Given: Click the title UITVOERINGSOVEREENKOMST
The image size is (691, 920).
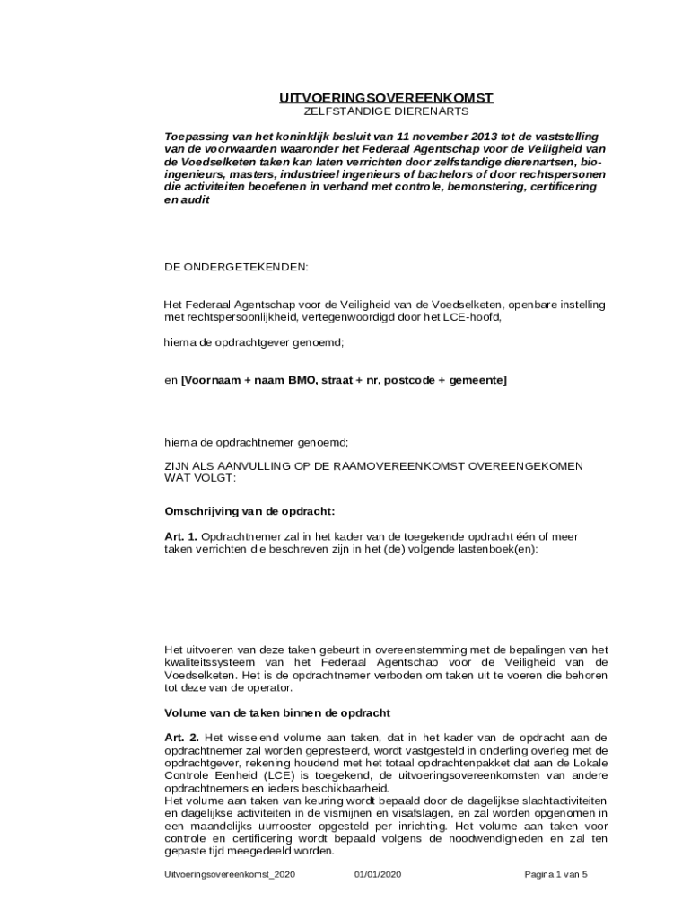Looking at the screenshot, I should pyautogui.click(x=386, y=98).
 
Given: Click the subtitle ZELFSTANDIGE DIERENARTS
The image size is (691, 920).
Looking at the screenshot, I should pyautogui.click(x=386, y=111).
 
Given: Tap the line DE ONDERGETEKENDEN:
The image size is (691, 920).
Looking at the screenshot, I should pyautogui.click(x=235, y=268).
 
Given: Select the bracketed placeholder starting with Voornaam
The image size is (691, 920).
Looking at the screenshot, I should pyautogui.click(x=344, y=381).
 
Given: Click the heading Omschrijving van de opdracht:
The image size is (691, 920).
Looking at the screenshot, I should pyautogui.click(x=249, y=511).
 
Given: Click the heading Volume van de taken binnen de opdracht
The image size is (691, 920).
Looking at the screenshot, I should pyautogui.click(x=276, y=712).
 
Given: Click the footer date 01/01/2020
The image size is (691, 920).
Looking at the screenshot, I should pyautogui.click(x=378, y=874).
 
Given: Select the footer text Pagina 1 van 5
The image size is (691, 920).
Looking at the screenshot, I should pyautogui.click(x=556, y=874).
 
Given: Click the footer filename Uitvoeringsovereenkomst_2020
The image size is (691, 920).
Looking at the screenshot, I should pyautogui.click(x=230, y=874).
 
